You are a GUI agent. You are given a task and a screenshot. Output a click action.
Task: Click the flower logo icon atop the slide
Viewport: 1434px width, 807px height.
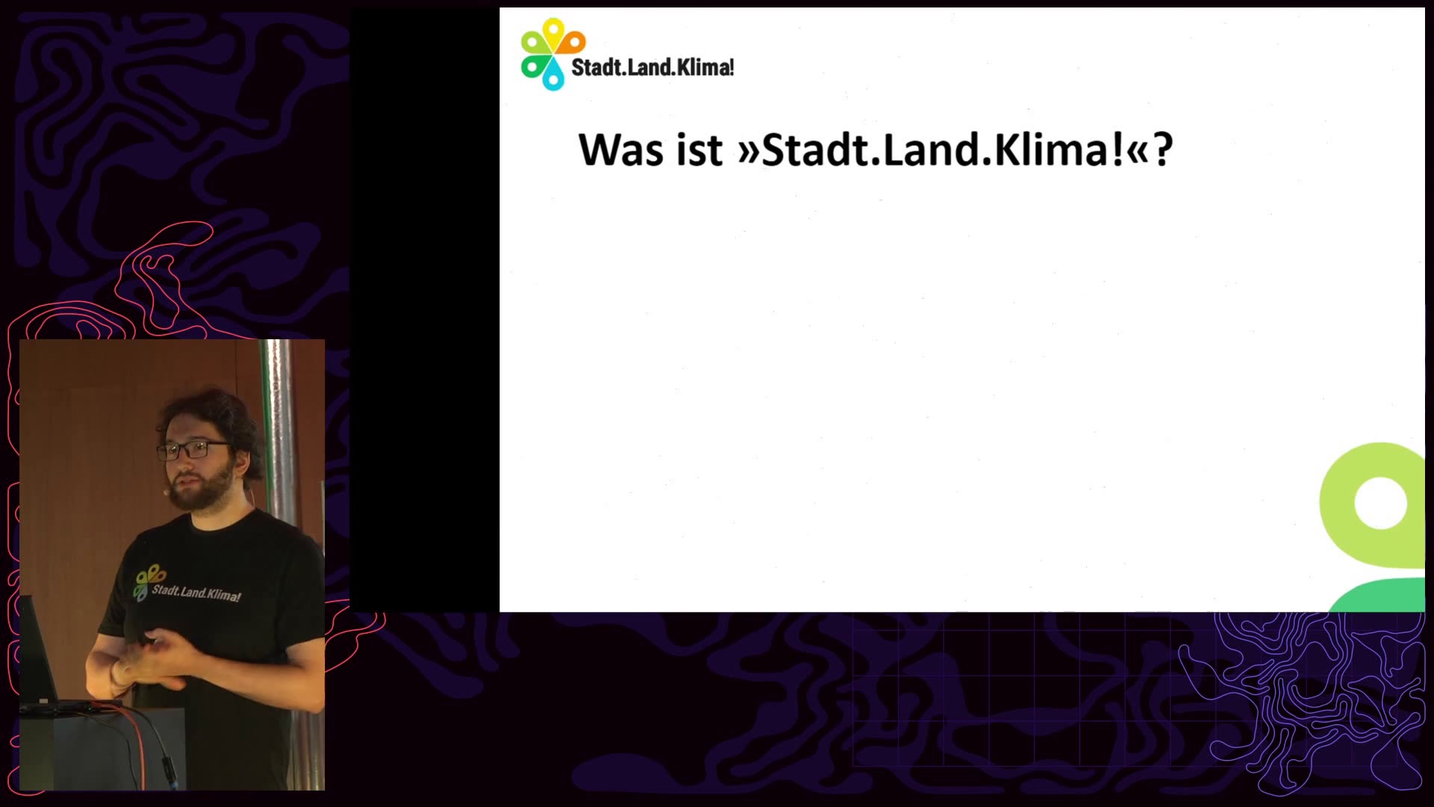click(x=553, y=54)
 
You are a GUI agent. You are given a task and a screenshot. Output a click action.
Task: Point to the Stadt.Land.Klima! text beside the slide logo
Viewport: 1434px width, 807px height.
click(x=653, y=67)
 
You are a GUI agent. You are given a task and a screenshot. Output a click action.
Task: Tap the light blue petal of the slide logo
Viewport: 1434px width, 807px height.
click(x=553, y=75)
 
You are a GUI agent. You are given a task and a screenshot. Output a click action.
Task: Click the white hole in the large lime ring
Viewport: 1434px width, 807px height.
click(x=1380, y=504)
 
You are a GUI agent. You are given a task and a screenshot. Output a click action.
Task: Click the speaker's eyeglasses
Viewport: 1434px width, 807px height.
click(x=191, y=450)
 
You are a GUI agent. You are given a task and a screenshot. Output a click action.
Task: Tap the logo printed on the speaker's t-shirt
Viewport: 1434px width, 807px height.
click(x=187, y=584)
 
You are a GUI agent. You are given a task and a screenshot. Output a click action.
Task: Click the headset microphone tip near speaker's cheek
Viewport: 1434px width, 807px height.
click(x=165, y=492)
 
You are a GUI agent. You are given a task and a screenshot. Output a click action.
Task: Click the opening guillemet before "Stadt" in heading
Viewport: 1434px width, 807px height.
click(x=748, y=152)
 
